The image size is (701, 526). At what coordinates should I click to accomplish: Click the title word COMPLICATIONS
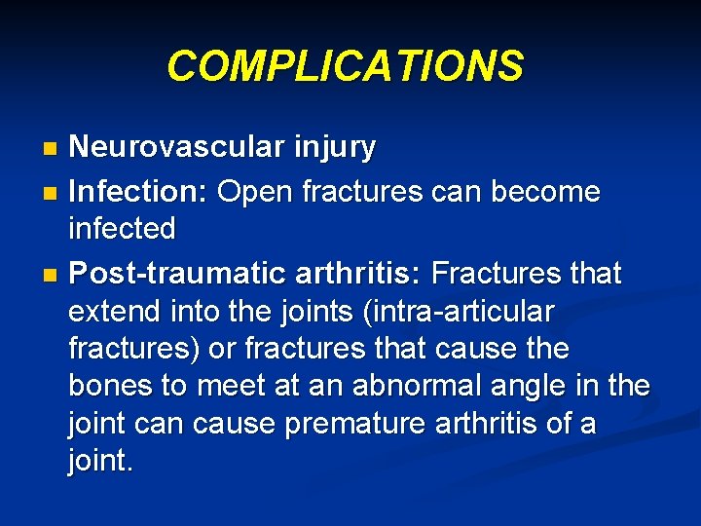(345, 66)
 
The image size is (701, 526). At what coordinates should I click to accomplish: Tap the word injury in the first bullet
(328, 148)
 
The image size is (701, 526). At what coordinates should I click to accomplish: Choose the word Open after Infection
(255, 193)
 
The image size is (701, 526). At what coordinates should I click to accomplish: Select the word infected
(122, 230)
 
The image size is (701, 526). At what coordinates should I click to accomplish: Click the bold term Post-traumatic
(173, 275)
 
